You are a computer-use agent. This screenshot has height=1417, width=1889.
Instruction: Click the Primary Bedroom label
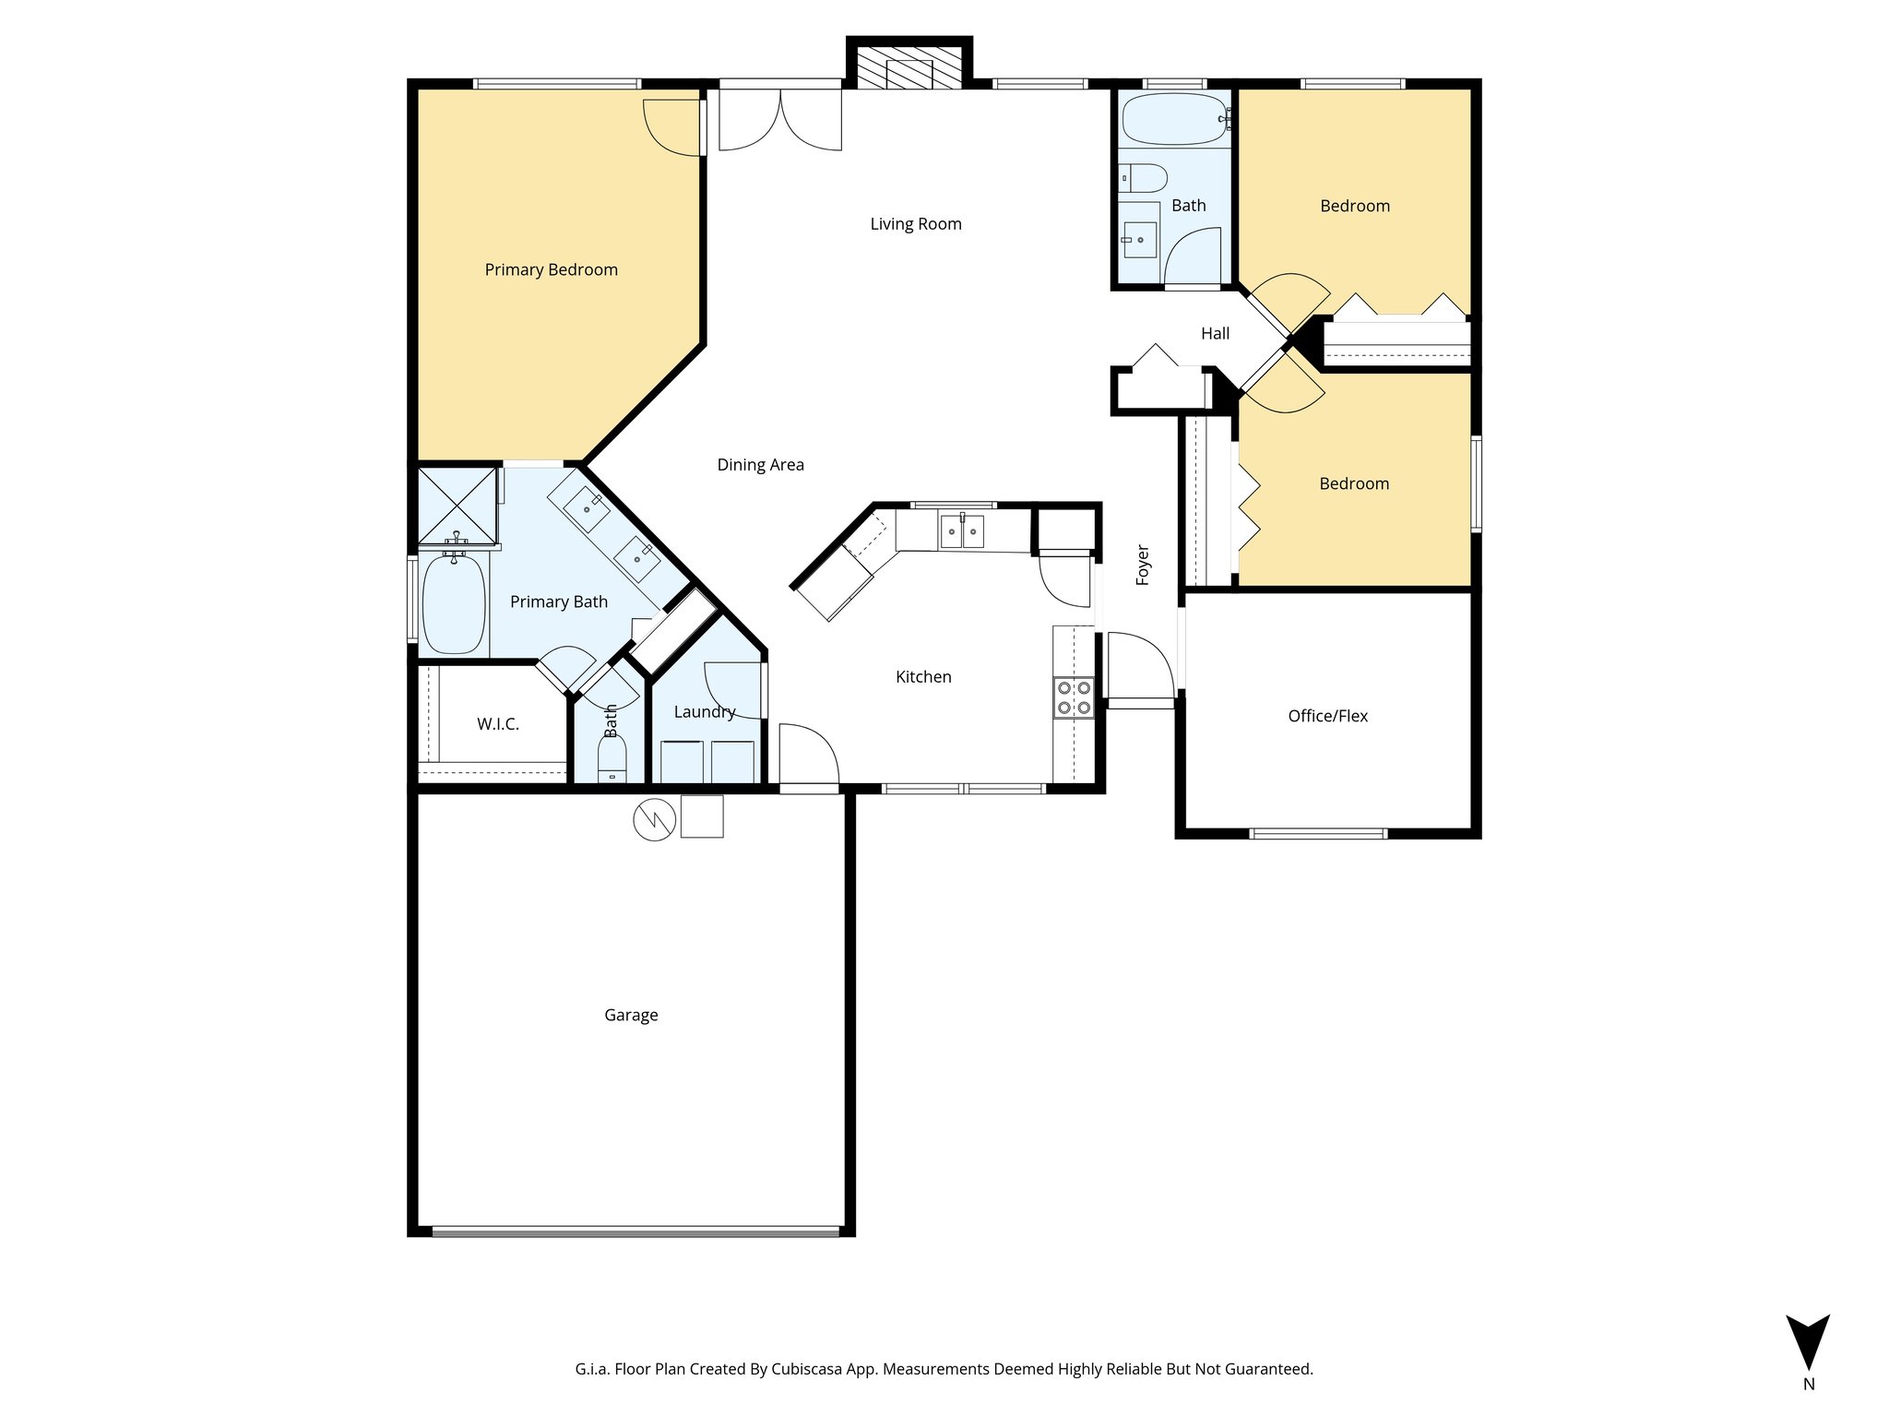(x=551, y=269)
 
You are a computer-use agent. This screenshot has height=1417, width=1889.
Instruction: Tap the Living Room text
(x=915, y=224)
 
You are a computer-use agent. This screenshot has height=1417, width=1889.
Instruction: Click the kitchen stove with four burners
(x=1074, y=697)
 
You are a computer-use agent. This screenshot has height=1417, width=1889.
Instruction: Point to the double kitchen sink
(x=962, y=532)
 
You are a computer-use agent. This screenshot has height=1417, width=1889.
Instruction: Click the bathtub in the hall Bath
(x=1174, y=119)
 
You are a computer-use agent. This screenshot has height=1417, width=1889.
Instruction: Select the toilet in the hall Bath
(x=1144, y=177)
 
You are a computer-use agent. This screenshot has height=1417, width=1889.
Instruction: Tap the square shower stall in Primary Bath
(x=457, y=506)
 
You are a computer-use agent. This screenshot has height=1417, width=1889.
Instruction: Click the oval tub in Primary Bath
(x=454, y=604)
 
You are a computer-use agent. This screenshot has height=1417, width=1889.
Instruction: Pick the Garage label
(x=631, y=1015)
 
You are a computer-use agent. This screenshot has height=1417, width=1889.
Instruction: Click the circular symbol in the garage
(x=654, y=818)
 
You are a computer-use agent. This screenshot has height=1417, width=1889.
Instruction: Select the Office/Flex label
(x=1327, y=716)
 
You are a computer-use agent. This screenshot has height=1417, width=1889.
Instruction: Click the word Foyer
(x=1143, y=565)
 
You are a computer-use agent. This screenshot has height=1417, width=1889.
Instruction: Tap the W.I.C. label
(x=497, y=724)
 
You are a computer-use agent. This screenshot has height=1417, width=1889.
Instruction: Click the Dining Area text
(x=760, y=465)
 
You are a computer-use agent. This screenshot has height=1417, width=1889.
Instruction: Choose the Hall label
(x=1215, y=334)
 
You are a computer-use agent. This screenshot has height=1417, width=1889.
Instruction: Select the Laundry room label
(x=704, y=711)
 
